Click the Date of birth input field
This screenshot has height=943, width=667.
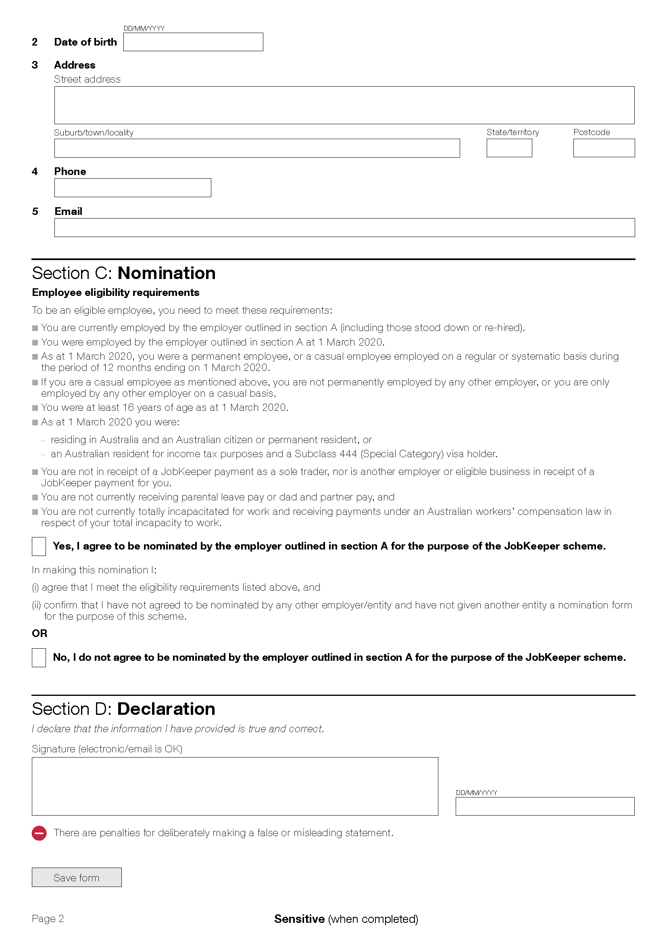point(193,42)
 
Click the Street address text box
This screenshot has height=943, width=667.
point(344,105)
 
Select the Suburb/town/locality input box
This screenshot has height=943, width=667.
point(257,148)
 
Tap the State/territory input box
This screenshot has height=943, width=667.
point(509,148)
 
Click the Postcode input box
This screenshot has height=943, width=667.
point(604,148)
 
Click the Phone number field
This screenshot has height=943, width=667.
point(133,188)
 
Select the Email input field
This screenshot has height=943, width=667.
point(344,227)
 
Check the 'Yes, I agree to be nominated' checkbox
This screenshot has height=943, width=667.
point(39,547)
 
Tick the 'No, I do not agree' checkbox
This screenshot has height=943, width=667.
point(39,658)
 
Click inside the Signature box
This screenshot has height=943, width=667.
point(235,786)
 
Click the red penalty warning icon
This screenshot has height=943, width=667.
point(40,833)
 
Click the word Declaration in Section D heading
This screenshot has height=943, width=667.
point(166,709)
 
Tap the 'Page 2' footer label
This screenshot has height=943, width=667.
point(48,919)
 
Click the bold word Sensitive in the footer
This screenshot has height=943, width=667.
point(299,919)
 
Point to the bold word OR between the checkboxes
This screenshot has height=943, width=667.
point(40,633)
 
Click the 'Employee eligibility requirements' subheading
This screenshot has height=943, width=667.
point(115,292)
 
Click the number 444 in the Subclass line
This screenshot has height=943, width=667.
point(348,454)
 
